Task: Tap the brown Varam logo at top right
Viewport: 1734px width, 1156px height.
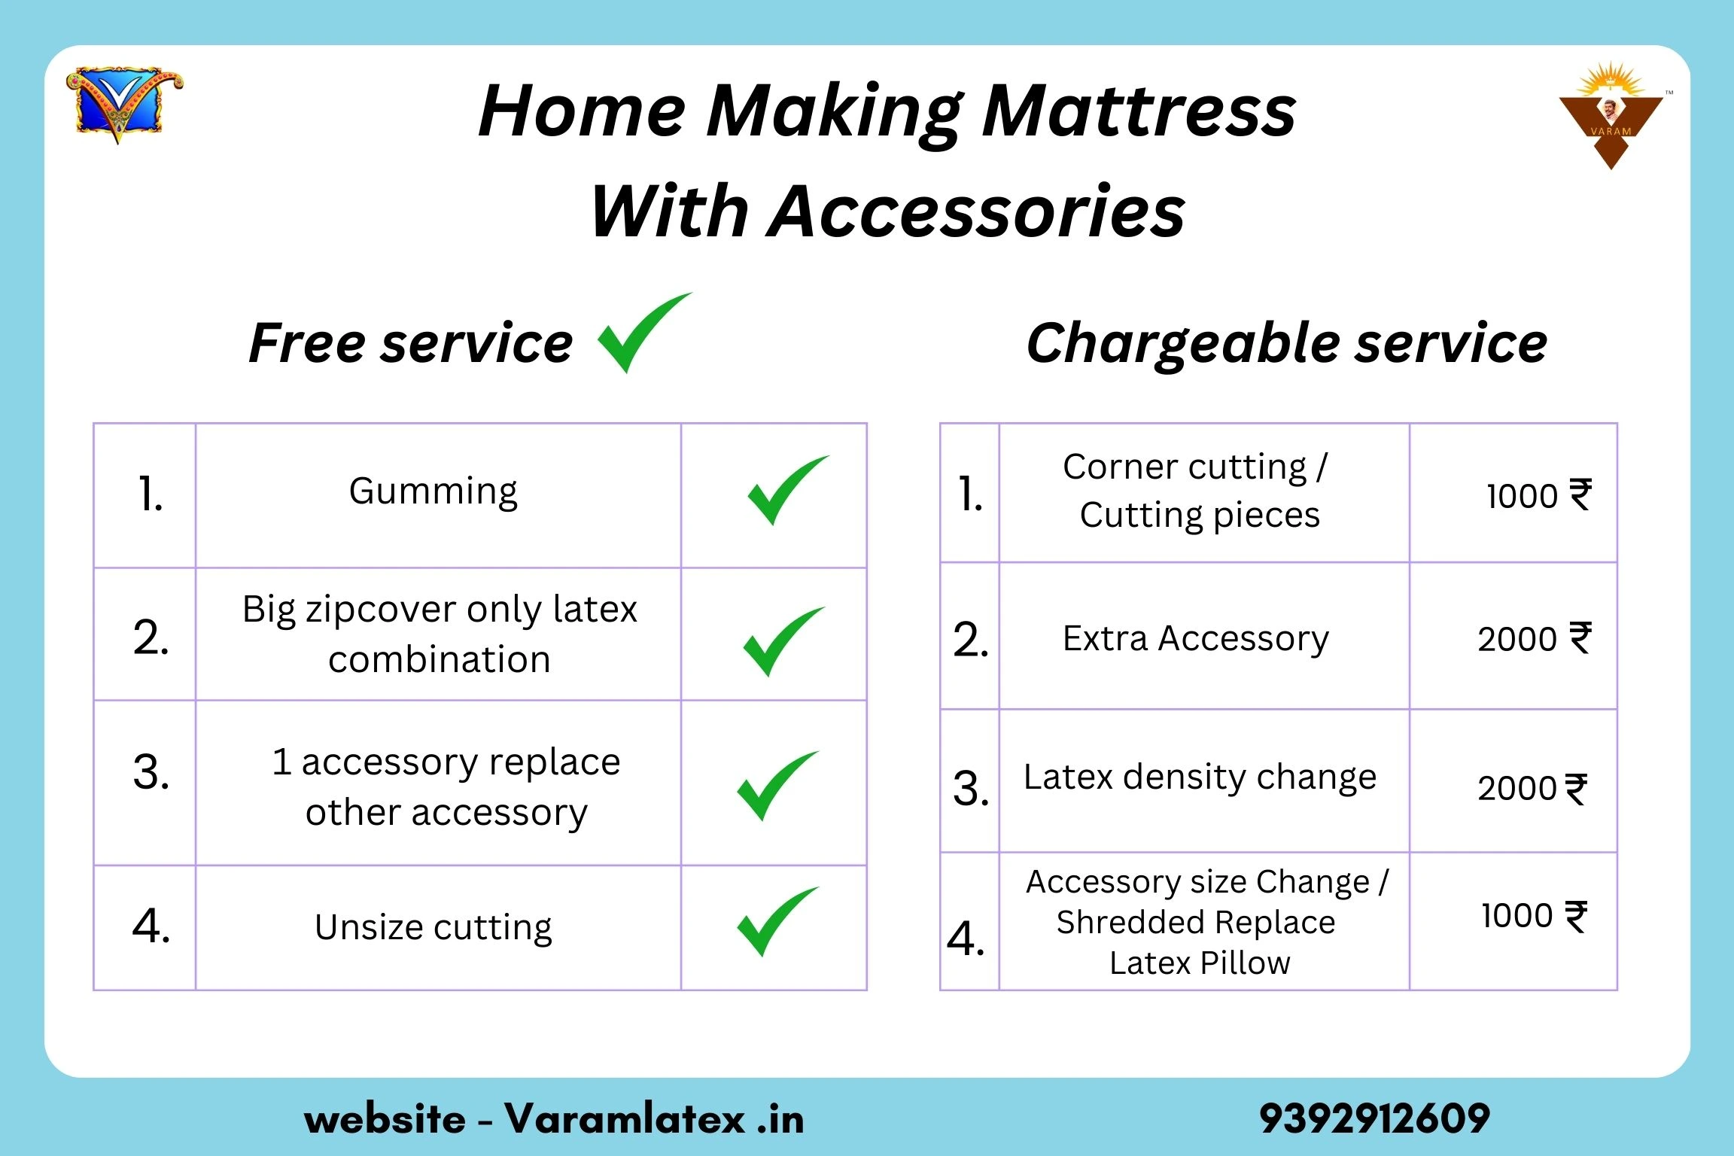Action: tap(1611, 117)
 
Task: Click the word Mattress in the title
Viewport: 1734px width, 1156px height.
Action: tap(1139, 111)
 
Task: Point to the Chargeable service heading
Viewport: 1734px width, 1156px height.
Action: tap(1287, 343)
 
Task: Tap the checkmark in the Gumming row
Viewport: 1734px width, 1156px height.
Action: tap(787, 490)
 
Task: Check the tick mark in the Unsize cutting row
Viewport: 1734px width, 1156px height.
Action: tap(777, 921)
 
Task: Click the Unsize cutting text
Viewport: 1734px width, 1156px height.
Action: tap(433, 928)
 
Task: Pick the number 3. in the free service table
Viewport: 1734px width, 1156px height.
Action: tap(151, 773)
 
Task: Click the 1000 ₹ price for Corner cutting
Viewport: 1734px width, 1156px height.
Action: tap(1539, 496)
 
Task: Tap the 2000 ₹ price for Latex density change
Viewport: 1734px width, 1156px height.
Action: tap(1532, 789)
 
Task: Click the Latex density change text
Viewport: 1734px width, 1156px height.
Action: tap(1200, 777)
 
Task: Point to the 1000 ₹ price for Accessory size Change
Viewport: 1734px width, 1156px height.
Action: tap(1535, 916)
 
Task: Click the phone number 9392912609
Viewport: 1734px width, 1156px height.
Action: tap(1374, 1118)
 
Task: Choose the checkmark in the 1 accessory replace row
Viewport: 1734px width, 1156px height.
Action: tap(777, 786)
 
